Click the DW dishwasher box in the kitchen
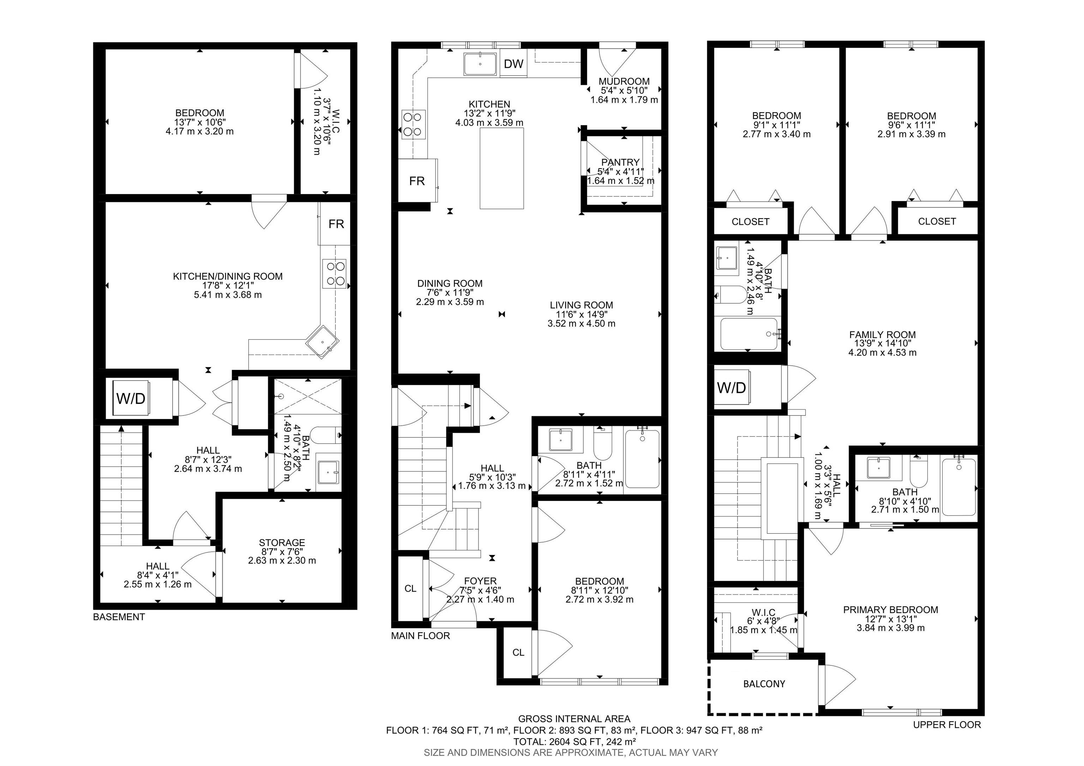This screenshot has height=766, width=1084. pyautogui.click(x=514, y=64)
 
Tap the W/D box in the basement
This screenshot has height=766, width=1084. pyautogui.click(x=131, y=399)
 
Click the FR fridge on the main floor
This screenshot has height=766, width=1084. pyautogui.click(x=417, y=181)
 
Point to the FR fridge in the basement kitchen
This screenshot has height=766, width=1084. pyautogui.click(x=336, y=224)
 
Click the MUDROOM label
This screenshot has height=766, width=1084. pyautogui.click(x=624, y=81)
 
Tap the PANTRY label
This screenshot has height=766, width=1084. pyautogui.click(x=620, y=162)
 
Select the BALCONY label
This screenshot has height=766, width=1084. pyautogui.click(x=764, y=684)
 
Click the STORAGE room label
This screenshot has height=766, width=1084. pyautogui.click(x=282, y=543)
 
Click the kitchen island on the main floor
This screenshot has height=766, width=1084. pyautogui.click(x=501, y=169)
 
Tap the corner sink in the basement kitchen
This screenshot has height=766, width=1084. pyautogui.click(x=323, y=342)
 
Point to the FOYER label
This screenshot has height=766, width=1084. pyautogui.click(x=480, y=581)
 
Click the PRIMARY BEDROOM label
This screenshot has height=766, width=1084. pyautogui.click(x=890, y=610)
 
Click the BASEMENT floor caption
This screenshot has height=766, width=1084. pyautogui.click(x=119, y=617)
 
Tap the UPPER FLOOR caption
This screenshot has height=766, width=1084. pyautogui.click(x=947, y=724)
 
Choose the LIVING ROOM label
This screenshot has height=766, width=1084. pyautogui.click(x=581, y=305)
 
